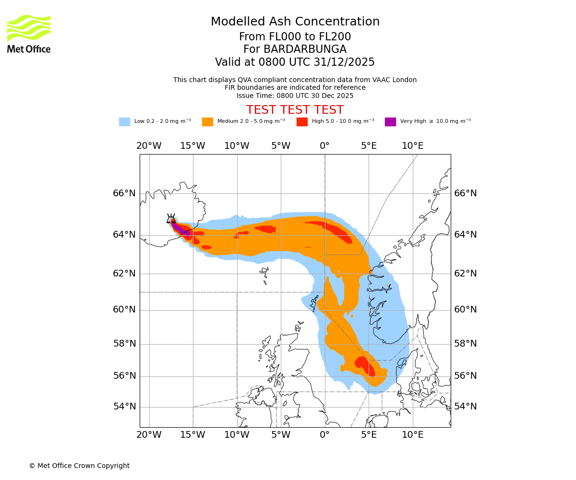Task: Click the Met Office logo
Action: [x=29, y=34]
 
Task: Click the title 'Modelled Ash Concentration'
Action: [x=295, y=22]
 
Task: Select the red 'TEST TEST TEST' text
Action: [x=295, y=110]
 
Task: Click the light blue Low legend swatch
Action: [x=124, y=122]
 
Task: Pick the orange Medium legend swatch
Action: [x=207, y=122]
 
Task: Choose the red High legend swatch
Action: [x=302, y=122]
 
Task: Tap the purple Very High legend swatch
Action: [x=390, y=122]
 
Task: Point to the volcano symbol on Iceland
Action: [x=171, y=218]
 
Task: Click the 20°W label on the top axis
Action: [x=149, y=146]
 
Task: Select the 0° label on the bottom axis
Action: [x=324, y=435]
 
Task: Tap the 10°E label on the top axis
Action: [x=412, y=146]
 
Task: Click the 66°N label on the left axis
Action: [x=124, y=193]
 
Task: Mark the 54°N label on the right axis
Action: [x=466, y=407]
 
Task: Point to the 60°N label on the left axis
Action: [x=124, y=310]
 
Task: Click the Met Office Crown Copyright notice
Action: [x=79, y=466]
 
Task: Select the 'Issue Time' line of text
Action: [x=295, y=96]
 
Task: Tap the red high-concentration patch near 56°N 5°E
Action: [x=366, y=366]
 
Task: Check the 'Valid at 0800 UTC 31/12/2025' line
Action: [x=295, y=62]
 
